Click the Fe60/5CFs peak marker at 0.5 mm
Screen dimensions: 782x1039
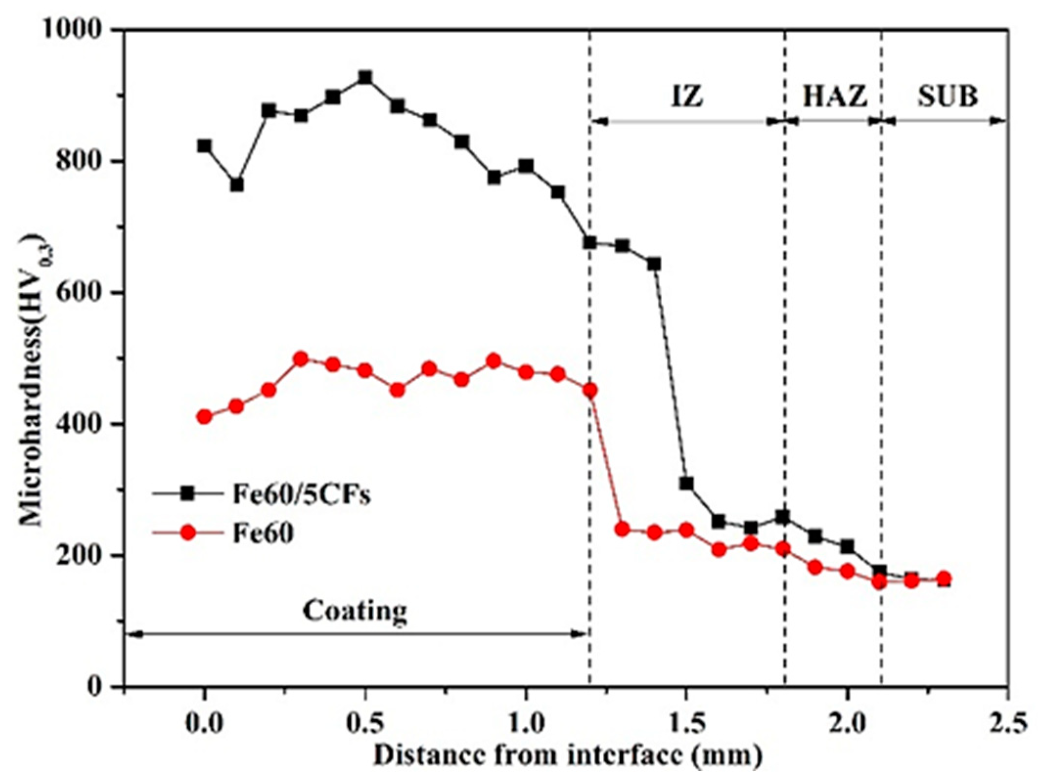coord(365,78)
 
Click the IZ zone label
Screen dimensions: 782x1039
coord(687,97)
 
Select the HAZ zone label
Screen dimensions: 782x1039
coord(835,97)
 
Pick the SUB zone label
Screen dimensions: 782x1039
coord(947,97)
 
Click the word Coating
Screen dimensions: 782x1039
coord(354,610)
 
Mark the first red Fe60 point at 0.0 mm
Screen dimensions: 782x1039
coord(204,417)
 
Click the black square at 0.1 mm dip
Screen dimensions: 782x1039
coord(237,185)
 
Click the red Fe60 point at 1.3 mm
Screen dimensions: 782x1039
coord(622,529)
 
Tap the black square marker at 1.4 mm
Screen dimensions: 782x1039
coord(654,264)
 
